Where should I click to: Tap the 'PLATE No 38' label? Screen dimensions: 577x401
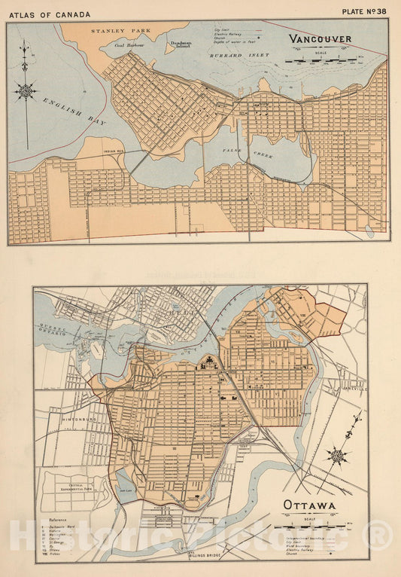(x=365, y=12)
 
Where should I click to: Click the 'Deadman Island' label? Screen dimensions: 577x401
(x=181, y=44)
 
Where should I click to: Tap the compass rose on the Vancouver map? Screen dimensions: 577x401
(x=26, y=91)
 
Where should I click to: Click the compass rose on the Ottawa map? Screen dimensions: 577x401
(x=338, y=455)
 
